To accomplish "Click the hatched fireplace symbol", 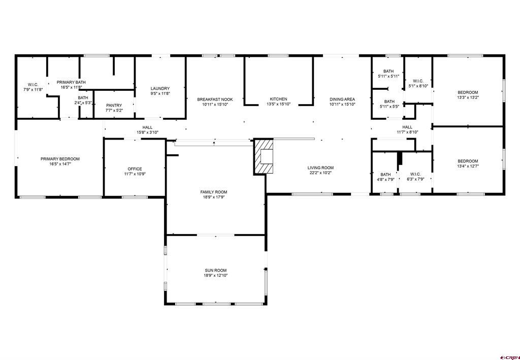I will click(264, 156).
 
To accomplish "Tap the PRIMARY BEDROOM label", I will click(60, 159).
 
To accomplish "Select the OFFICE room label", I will click(135, 169).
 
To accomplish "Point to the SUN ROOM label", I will click(215, 270).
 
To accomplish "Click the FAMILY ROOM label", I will click(213, 192).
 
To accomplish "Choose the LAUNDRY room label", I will click(160, 88).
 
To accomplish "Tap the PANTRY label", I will click(114, 105).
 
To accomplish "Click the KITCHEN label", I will click(278, 99).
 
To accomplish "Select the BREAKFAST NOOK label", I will click(215, 99).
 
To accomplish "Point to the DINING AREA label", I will click(342, 99).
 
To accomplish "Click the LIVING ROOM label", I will click(320, 168).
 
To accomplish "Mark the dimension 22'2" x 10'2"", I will click(320, 173).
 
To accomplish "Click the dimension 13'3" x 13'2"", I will click(468, 97).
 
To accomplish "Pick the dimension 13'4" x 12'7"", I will click(468, 166).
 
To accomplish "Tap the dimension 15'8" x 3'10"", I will click(147, 133).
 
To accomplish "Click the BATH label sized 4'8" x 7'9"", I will click(385, 174).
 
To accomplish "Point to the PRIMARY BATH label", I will click(71, 82).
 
